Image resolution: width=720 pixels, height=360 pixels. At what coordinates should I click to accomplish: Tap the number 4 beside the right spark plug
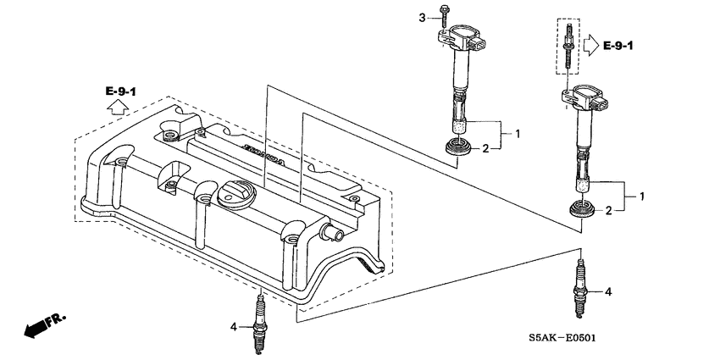[606, 291]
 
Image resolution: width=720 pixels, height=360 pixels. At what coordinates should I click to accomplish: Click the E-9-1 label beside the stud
[622, 45]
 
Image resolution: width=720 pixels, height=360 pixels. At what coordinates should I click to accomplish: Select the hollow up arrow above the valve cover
[119, 108]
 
